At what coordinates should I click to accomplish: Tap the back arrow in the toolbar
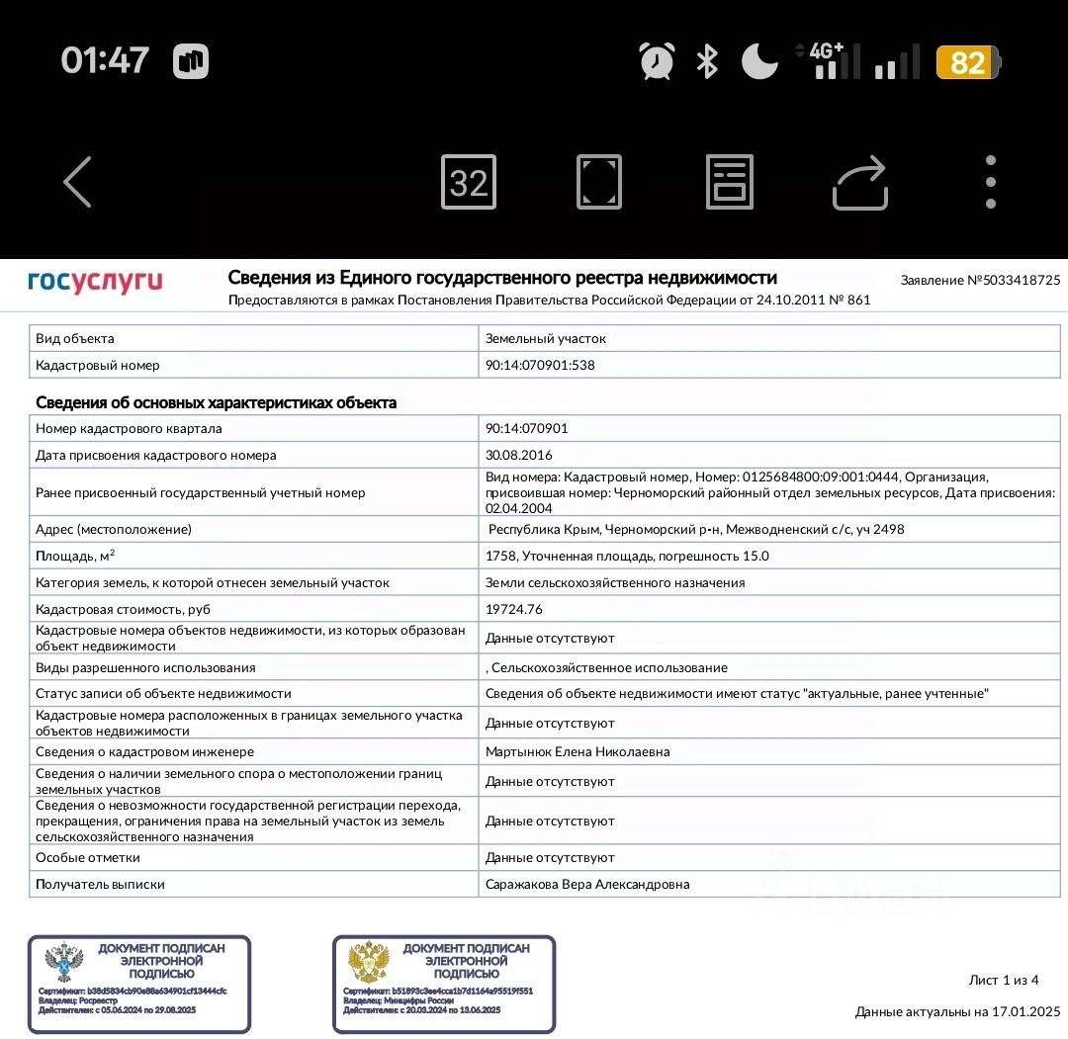(x=77, y=182)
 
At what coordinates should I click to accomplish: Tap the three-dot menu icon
(x=990, y=182)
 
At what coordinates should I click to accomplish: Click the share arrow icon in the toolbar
(x=860, y=183)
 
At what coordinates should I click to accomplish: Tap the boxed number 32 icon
(x=469, y=182)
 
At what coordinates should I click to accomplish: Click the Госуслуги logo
(x=95, y=282)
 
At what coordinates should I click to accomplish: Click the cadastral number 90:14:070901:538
(x=540, y=365)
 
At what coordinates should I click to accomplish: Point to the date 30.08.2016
(x=519, y=456)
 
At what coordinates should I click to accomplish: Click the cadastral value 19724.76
(x=514, y=609)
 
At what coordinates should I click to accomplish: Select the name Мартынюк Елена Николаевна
(x=578, y=751)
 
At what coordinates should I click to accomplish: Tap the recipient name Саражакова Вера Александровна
(x=587, y=884)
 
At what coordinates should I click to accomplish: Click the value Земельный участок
(x=546, y=338)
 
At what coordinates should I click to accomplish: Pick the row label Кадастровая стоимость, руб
(x=123, y=609)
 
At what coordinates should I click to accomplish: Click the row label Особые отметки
(x=88, y=857)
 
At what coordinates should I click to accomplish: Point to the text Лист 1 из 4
(x=1004, y=980)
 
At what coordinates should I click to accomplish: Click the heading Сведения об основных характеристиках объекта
(x=216, y=402)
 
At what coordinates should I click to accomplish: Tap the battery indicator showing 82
(x=968, y=62)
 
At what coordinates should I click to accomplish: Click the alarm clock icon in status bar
(x=657, y=61)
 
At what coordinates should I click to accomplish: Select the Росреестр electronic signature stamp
(x=139, y=984)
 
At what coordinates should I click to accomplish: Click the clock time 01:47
(x=105, y=60)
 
